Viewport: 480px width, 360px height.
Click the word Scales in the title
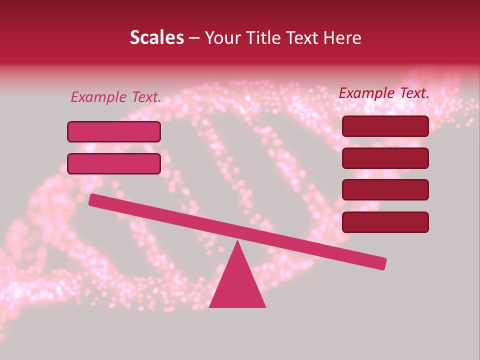156,37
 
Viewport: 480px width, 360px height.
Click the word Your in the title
220,37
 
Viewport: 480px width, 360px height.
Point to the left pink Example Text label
115,97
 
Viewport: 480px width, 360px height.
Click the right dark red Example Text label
384,93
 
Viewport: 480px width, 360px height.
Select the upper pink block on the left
114,131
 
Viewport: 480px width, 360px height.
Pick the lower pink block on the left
114,163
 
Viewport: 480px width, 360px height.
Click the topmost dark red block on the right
385,126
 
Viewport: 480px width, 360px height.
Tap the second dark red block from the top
385,158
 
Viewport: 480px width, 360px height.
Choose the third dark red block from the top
385,190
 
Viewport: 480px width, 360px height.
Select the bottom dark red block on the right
385,222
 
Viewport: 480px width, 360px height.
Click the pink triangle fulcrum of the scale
237,282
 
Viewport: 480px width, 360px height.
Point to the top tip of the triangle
237,241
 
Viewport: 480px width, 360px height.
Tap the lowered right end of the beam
382,263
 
